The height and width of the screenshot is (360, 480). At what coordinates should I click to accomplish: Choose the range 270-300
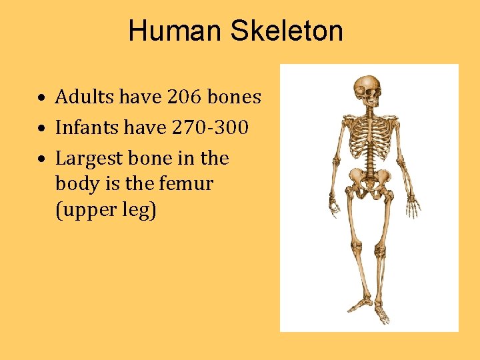211,127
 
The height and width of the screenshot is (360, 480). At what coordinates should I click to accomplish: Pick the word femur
189,183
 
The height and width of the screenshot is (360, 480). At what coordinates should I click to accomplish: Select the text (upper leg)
106,211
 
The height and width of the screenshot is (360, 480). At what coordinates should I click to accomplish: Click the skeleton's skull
367,89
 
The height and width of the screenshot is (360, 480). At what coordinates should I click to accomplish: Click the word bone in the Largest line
154,159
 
